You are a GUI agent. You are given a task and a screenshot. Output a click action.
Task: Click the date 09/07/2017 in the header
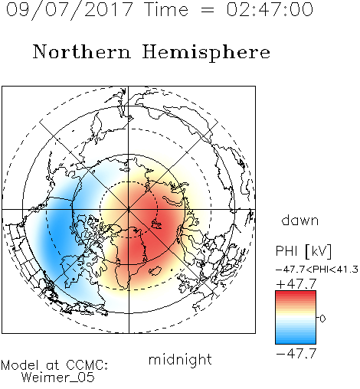coord(70,10)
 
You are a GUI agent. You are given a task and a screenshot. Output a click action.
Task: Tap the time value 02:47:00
coord(270,9)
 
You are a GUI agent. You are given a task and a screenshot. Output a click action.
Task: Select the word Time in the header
coord(166,9)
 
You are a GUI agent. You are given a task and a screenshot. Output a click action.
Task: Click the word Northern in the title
coord(81,52)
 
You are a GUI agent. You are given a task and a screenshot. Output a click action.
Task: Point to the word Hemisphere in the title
coord(206,53)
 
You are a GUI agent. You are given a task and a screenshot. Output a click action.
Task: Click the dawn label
coord(300,220)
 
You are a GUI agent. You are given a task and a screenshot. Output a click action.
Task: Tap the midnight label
coord(180,359)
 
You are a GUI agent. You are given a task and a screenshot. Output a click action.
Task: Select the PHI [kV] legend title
coord(303,251)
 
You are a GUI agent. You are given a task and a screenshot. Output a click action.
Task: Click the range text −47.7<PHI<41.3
coord(317,270)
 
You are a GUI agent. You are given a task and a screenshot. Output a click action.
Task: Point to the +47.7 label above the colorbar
coord(296,284)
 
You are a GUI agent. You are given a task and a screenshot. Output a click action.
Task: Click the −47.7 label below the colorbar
coord(296,354)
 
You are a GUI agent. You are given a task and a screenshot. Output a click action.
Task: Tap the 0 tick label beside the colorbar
coord(322,319)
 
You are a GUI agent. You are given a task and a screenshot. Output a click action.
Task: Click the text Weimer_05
coord(58,378)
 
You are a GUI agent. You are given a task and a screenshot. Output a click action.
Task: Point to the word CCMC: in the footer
coord(87,365)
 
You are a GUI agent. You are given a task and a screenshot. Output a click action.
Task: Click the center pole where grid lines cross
coord(129,210)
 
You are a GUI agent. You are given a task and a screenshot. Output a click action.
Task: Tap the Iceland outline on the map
coord(155,271)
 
